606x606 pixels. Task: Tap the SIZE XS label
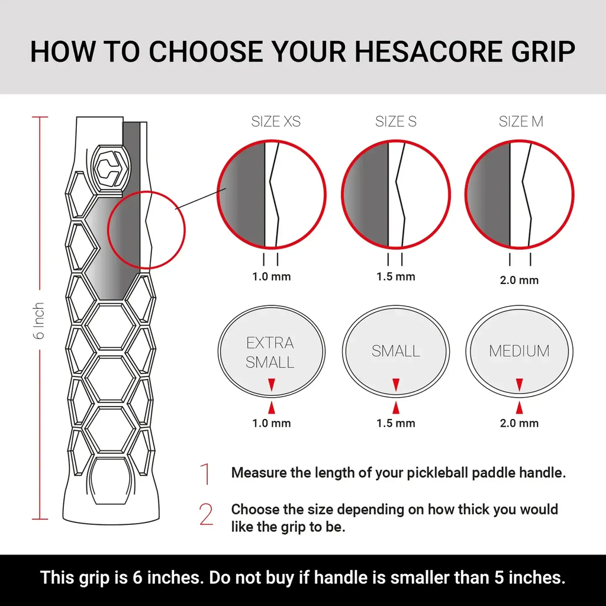tap(276, 122)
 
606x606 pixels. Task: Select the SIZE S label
tap(396, 122)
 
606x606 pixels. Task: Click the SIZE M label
tap(521, 122)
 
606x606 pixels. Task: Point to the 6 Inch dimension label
tap(40, 320)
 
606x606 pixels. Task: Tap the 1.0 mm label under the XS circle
tap(272, 276)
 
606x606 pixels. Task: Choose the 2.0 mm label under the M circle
tap(519, 280)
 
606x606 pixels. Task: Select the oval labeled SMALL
tap(396, 350)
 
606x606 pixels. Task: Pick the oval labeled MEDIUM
tap(519, 350)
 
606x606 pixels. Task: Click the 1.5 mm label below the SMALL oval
tap(396, 423)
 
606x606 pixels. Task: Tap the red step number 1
tap(205, 474)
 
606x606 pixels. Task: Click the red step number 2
tap(206, 515)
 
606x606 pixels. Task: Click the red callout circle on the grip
tap(147, 230)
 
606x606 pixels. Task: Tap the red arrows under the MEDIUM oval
tap(519, 397)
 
